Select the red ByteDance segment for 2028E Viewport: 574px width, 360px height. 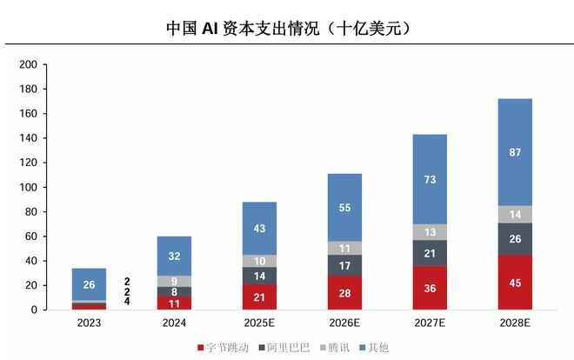(515, 283)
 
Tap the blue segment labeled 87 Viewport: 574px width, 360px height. (515, 152)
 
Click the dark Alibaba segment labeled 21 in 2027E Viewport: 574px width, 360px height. (430, 253)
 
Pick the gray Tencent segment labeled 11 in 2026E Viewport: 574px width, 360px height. (344, 248)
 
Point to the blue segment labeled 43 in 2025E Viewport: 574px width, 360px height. (259, 228)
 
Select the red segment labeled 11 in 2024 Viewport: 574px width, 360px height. (174, 303)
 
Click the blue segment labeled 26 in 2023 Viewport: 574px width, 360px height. (89, 284)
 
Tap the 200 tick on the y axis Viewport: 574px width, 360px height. (28, 65)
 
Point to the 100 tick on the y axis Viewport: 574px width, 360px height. (28, 188)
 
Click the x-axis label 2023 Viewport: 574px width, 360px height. (89, 323)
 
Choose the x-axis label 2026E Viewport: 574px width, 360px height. (344, 323)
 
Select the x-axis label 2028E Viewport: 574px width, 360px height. (515, 323)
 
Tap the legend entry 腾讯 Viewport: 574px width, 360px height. (335, 347)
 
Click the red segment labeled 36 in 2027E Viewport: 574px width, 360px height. (430, 288)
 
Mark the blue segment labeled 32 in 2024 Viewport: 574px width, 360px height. (174, 257)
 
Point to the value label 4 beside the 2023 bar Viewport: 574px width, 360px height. (127, 302)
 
